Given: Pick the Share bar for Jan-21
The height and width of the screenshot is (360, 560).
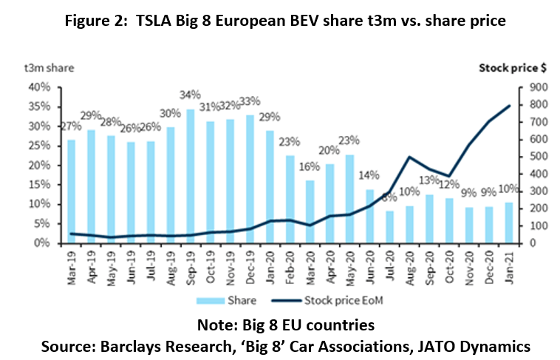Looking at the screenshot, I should [509, 223].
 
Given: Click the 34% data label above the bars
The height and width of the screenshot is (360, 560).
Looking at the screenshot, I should [191, 95].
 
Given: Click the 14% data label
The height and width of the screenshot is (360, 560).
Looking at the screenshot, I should [369, 176].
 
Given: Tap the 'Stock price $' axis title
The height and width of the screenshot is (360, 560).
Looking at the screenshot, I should [513, 68].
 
